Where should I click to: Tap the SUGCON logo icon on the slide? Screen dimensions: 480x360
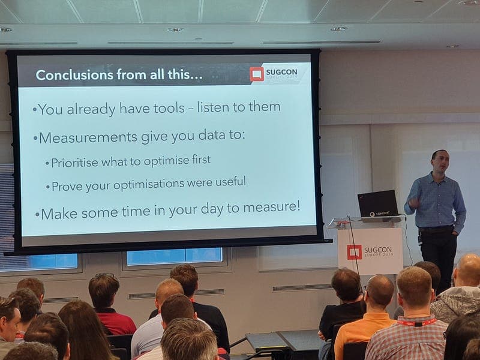coord(257,74)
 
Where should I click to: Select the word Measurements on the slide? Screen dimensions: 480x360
coord(88,137)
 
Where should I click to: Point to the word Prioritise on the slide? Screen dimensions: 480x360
coord(74,163)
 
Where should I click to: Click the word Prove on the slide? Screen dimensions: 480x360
coord(67,187)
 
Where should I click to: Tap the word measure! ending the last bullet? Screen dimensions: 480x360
coord(272,207)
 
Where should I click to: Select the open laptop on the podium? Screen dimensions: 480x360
coord(378,203)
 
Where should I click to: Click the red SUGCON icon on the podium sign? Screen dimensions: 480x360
coord(354,252)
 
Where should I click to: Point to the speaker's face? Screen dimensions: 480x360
coord(441,161)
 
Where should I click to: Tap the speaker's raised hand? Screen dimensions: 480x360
coord(414,202)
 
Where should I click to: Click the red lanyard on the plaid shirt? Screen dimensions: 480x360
coord(416,323)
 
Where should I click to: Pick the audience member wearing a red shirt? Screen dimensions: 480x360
coord(110,306)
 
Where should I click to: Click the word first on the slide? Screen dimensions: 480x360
coord(201,160)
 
